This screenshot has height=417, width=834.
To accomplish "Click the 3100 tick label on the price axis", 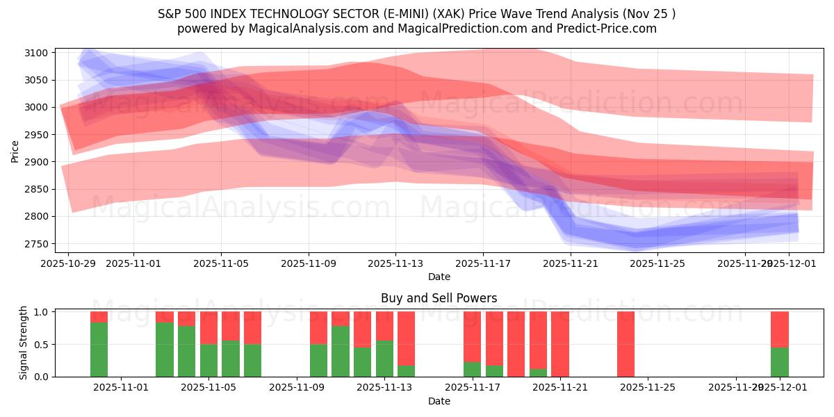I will [35, 53].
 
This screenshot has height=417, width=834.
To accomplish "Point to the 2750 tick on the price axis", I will [35, 244].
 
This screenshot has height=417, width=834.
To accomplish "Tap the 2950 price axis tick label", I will [35, 135].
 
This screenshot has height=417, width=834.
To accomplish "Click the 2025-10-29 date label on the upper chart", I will [68, 264].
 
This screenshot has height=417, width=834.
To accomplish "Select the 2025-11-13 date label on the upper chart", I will [395, 264].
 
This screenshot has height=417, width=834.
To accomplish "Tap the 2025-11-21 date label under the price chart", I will [570, 264].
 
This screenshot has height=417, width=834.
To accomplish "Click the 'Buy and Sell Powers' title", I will [439, 298].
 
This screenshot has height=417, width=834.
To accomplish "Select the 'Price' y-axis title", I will [15, 150].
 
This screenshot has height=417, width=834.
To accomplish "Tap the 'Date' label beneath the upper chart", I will [439, 277].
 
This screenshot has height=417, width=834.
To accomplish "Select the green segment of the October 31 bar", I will [99, 350].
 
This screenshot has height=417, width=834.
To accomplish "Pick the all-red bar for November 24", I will [625, 344].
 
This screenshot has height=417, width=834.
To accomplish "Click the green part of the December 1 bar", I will [780, 361].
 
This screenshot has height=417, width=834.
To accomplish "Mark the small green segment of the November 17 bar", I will [472, 369].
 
